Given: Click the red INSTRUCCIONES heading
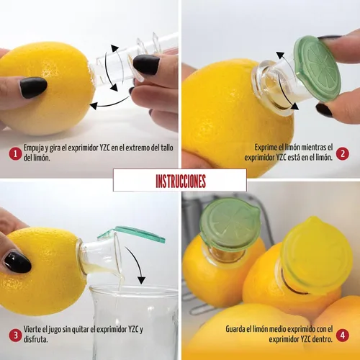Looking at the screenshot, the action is point(181,181).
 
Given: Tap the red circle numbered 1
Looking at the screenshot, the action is point(15,154).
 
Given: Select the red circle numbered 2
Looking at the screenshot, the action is point(342,154).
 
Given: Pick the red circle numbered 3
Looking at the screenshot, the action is point(15,336).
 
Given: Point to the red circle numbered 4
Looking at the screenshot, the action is point(342,336).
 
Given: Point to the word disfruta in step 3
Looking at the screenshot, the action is point(35,339).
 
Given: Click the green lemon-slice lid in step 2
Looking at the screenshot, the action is point(318,68).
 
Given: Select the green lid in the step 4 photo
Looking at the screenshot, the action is point(230,225).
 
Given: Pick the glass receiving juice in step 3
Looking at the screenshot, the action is point(135,323).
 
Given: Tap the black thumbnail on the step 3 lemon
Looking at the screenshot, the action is point(17,263).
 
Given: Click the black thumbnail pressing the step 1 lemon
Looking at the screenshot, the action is point(33,87).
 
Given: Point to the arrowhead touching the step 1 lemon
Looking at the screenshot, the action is point(94,105).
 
